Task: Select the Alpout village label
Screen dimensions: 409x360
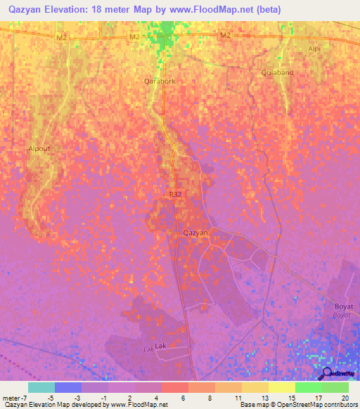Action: tap(39, 149)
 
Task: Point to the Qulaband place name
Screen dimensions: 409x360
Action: tap(276, 72)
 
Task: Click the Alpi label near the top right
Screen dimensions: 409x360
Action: tap(314, 48)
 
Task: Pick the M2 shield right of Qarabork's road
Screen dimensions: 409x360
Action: tap(224, 35)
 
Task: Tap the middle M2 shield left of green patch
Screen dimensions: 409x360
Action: tap(136, 37)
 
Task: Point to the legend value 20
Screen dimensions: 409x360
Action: tap(345, 398)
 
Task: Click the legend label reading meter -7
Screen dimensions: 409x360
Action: tap(14, 398)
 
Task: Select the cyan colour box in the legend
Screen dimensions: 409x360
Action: tap(41, 387)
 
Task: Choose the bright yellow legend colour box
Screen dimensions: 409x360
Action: tap(281, 387)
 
